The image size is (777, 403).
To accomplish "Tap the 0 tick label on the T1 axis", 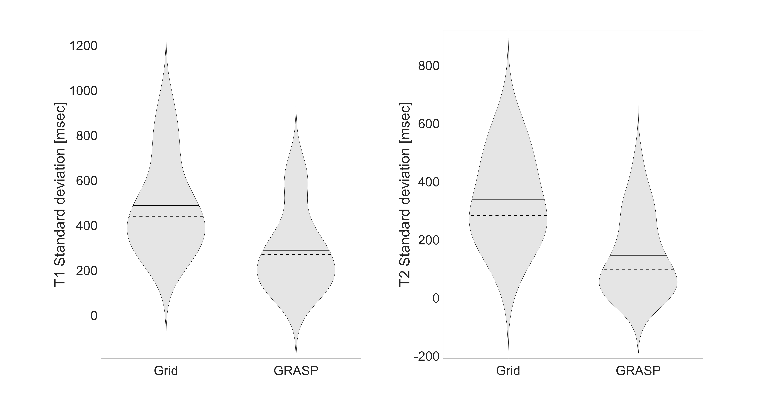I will point(94,316).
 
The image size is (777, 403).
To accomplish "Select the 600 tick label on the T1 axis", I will point(87,181).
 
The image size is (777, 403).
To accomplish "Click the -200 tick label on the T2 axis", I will point(427,357).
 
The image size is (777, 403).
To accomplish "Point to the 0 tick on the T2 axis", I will point(436,298).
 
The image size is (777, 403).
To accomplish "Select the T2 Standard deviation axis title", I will point(405,195).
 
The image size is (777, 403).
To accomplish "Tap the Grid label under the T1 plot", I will point(166,371).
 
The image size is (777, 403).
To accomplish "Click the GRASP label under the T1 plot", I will point(296,371).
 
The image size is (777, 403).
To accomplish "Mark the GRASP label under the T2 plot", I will point(638,371).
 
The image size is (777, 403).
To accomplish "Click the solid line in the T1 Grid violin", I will point(166,206).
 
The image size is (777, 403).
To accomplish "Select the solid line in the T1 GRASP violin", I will point(296,250).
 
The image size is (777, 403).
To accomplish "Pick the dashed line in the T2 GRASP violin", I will point(638,269).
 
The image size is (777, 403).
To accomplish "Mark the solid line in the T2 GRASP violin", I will point(638,255).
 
